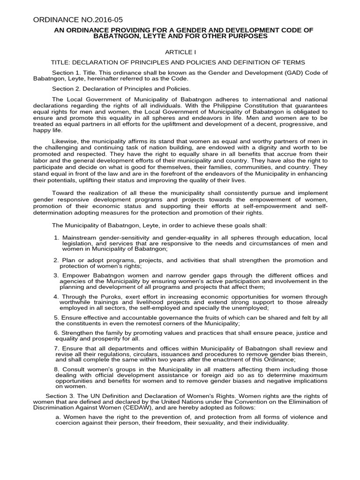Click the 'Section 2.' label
point(65,89)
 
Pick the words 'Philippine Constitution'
point(253,105)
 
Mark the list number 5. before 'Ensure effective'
point(57,318)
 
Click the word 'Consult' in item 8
point(74,370)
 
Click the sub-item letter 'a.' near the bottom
point(58,417)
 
